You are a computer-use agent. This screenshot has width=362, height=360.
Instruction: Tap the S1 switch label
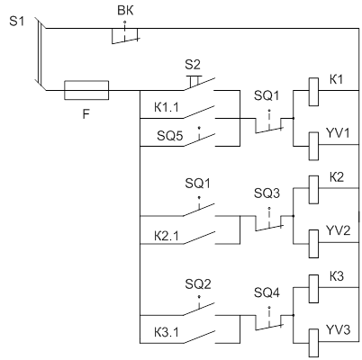[x=16, y=22]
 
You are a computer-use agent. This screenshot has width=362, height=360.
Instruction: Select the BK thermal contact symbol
[x=125, y=36]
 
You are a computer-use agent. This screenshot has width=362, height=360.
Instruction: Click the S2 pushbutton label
[x=193, y=65]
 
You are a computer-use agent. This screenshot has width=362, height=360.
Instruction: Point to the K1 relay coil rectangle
[x=313, y=92]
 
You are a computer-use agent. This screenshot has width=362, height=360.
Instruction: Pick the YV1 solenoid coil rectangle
[x=313, y=147]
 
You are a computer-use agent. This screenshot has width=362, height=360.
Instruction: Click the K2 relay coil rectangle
[x=313, y=190]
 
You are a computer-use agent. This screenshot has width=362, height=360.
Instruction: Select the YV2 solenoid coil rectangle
[x=313, y=244]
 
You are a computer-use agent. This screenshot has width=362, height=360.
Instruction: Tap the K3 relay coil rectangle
[x=313, y=289]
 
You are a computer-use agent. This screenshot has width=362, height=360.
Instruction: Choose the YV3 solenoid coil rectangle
[x=313, y=343]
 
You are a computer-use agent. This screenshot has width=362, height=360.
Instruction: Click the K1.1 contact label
[x=167, y=107]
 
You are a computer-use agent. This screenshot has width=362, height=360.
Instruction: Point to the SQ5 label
[x=169, y=136]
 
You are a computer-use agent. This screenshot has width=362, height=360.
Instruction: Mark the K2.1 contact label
[x=167, y=237]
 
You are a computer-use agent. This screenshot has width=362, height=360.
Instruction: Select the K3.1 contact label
[x=167, y=332]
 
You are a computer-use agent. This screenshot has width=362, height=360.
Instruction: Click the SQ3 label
[x=267, y=193]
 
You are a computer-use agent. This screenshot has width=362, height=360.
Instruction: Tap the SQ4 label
[x=267, y=292]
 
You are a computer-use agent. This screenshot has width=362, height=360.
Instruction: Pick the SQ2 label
[x=198, y=283]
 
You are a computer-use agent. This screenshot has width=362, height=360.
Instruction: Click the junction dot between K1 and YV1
[x=294, y=118]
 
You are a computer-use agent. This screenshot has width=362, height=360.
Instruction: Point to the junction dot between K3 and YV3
[x=294, y=315]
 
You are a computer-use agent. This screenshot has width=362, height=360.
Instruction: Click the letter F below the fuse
[x=86, y=114]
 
